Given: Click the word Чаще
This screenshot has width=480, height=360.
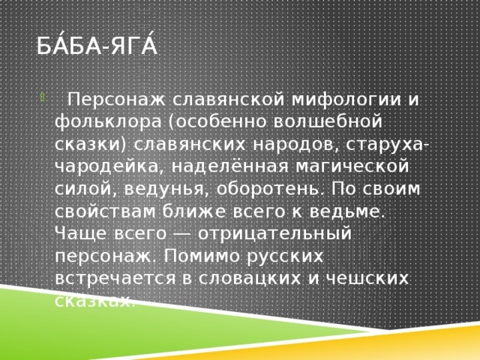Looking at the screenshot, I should point(79,233).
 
